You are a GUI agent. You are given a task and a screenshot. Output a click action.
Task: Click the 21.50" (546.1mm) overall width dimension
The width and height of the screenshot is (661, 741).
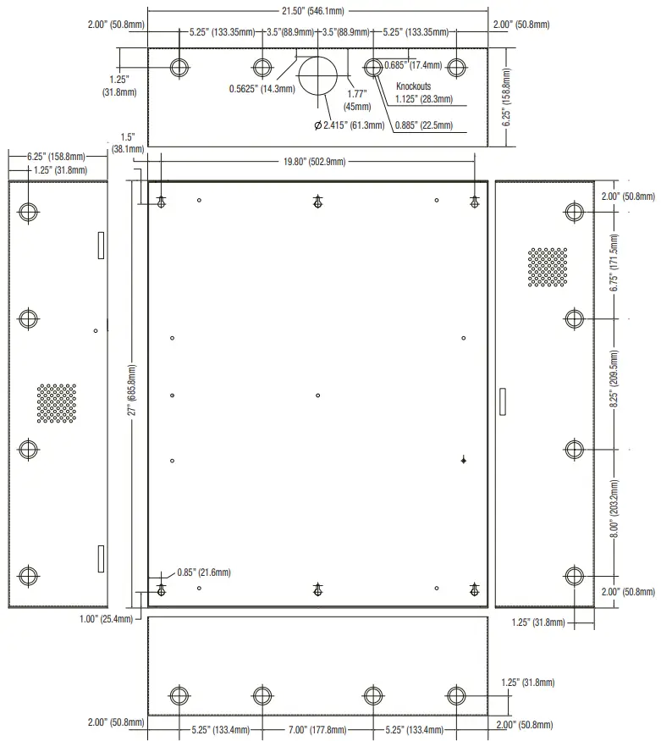coord(317,11)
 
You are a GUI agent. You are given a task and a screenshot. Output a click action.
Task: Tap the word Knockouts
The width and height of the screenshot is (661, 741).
coord(414,86)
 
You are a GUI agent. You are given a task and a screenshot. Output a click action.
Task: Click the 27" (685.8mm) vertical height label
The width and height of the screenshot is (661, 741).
coord(132,393)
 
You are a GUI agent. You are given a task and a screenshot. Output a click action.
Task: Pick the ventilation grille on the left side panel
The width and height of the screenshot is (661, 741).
coord(57,403)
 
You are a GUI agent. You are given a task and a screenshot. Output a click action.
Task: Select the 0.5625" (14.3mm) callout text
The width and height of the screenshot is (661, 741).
coord(262,88)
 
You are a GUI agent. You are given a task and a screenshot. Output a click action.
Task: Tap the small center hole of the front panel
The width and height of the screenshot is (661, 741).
coord(317,395)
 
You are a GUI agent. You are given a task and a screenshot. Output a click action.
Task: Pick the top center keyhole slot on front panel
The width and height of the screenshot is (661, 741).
coord(317,201)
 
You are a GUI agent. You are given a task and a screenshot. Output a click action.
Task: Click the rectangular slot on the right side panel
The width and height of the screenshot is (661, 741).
coord(503,401)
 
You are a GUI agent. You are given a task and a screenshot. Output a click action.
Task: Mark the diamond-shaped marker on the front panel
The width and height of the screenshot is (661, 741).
coord(464,460)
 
